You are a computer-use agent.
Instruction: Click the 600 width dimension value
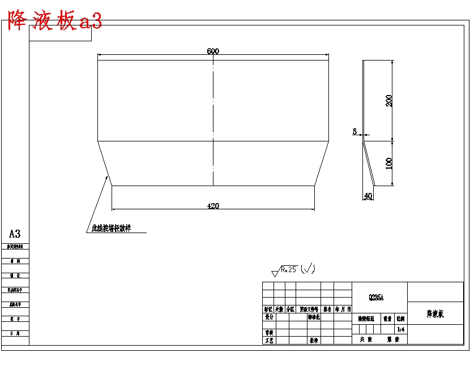(x=213, y=51)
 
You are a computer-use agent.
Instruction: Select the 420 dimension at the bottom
(x=213, y=206)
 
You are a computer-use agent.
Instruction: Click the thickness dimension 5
(x=355, y=131)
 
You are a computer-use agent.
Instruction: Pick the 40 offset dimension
(x=368, y=196)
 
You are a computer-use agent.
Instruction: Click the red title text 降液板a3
(x=55, y=21)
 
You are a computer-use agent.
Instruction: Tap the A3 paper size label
(x=15, y=234)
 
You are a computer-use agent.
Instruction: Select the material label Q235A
(x=377, y=297)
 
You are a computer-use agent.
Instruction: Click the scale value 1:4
(x=401, y=329)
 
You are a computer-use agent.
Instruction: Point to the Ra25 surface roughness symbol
(x=286, y=270)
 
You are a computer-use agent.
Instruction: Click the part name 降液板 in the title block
(x=435, y=313)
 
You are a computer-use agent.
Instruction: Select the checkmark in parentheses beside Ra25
(x=308, y=269)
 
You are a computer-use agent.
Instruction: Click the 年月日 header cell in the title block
(x=343, y=309)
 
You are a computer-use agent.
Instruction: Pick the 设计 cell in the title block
(x=269, y=317)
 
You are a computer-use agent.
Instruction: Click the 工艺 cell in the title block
(x=269, y=341)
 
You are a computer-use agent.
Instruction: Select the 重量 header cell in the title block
(x=387, y=319)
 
